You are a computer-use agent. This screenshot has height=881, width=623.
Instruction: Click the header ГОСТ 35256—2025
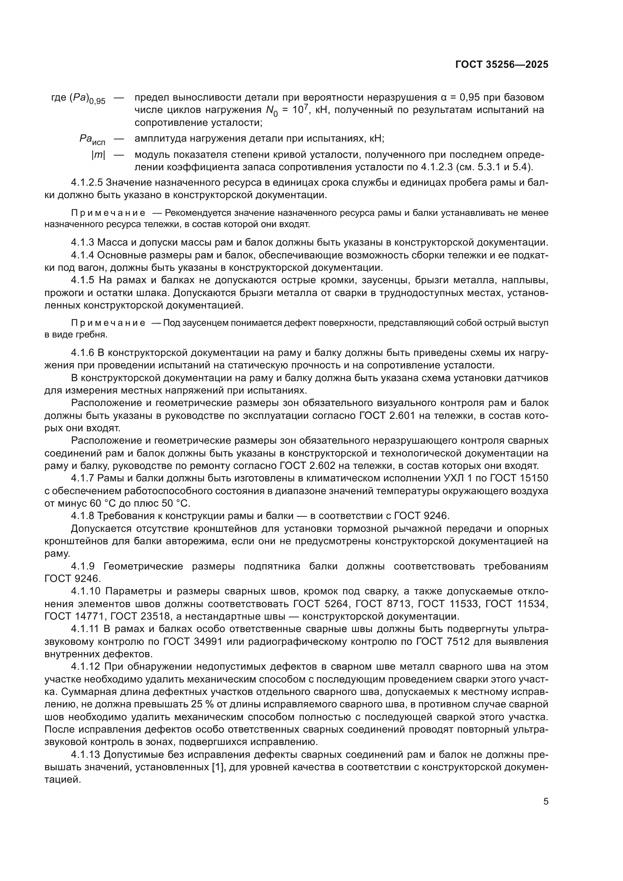502,64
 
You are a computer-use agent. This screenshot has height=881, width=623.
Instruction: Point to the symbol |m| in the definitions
98,155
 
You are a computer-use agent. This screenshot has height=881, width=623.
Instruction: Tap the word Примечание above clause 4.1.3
108,213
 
